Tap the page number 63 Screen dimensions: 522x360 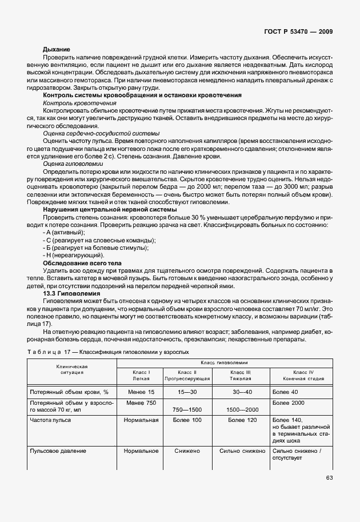tap(329, 478)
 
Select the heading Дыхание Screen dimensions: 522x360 tap(57, 50)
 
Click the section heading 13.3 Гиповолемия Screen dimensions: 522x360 tap(68, 292)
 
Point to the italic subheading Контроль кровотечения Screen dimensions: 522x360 tap(72, 102)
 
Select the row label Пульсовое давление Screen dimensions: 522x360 tap(58, 451)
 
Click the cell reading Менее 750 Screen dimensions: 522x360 tap(141, 404)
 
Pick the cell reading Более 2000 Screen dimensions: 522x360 tap(289, 404)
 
